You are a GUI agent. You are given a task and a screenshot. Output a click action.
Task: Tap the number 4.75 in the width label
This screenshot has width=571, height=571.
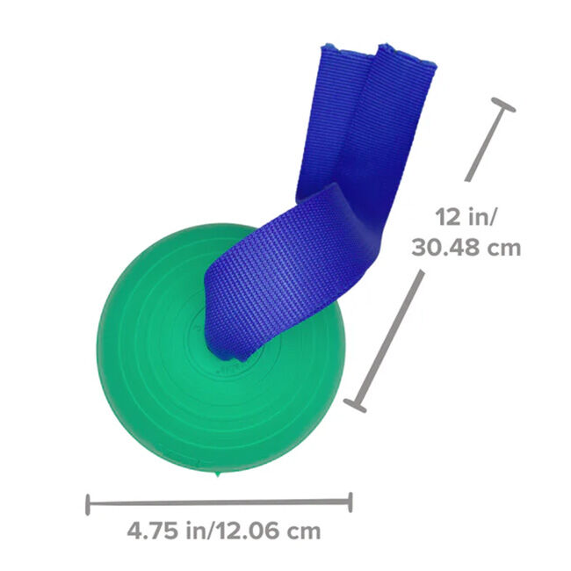(x=151, y=531)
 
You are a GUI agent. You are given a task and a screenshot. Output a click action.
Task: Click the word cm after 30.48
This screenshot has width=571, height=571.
(x=503, y=248)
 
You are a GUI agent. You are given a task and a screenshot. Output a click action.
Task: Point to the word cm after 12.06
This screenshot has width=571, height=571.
(x=303, y=531)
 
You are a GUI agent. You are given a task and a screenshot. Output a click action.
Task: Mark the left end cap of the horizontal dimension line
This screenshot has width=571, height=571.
(x=88, y=504)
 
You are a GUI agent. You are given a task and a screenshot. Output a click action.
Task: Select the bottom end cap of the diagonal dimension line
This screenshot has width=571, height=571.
(x=356, y=405)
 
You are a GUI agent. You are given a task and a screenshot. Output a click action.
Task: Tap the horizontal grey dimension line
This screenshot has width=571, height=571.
(x=220, y=503)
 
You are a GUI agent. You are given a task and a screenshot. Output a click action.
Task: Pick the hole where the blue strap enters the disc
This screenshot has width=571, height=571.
(x=230, y=354)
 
